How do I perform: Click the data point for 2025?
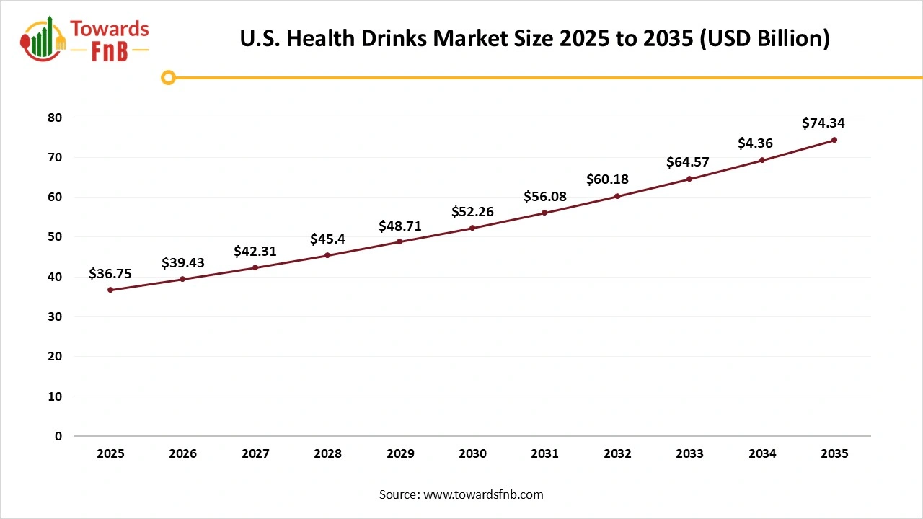click(x=110, y=290)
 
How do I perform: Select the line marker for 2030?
click(x=472, y=228)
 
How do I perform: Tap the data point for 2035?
click(x=834, y=140)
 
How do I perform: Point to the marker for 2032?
click(x=617, y=196)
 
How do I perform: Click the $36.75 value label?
click(x=110, y=274)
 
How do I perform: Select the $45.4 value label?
click(x=327, y=239)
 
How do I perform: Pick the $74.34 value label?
click(x=823, y=123)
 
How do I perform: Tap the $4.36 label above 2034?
click(x=755, y=143)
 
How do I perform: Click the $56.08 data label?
click(x=545, y=197)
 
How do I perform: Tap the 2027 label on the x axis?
click(x=255, y=454)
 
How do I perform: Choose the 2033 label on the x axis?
click(x=690, y=454)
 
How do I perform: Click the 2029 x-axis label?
click(x=400, y=454)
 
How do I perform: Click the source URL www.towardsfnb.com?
click(x=483, y=494)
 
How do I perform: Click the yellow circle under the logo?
click(x=168, y=77)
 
